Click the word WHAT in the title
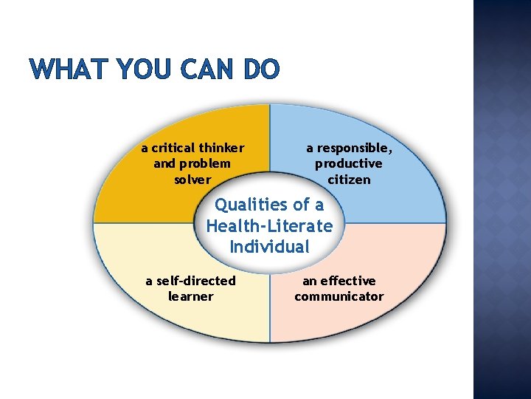65,69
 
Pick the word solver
192,180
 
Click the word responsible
355,148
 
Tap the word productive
349,163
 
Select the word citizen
349,180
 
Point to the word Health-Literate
269,225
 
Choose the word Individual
269,246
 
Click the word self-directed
195,281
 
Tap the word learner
190,296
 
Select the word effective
348,281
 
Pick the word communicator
339,296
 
